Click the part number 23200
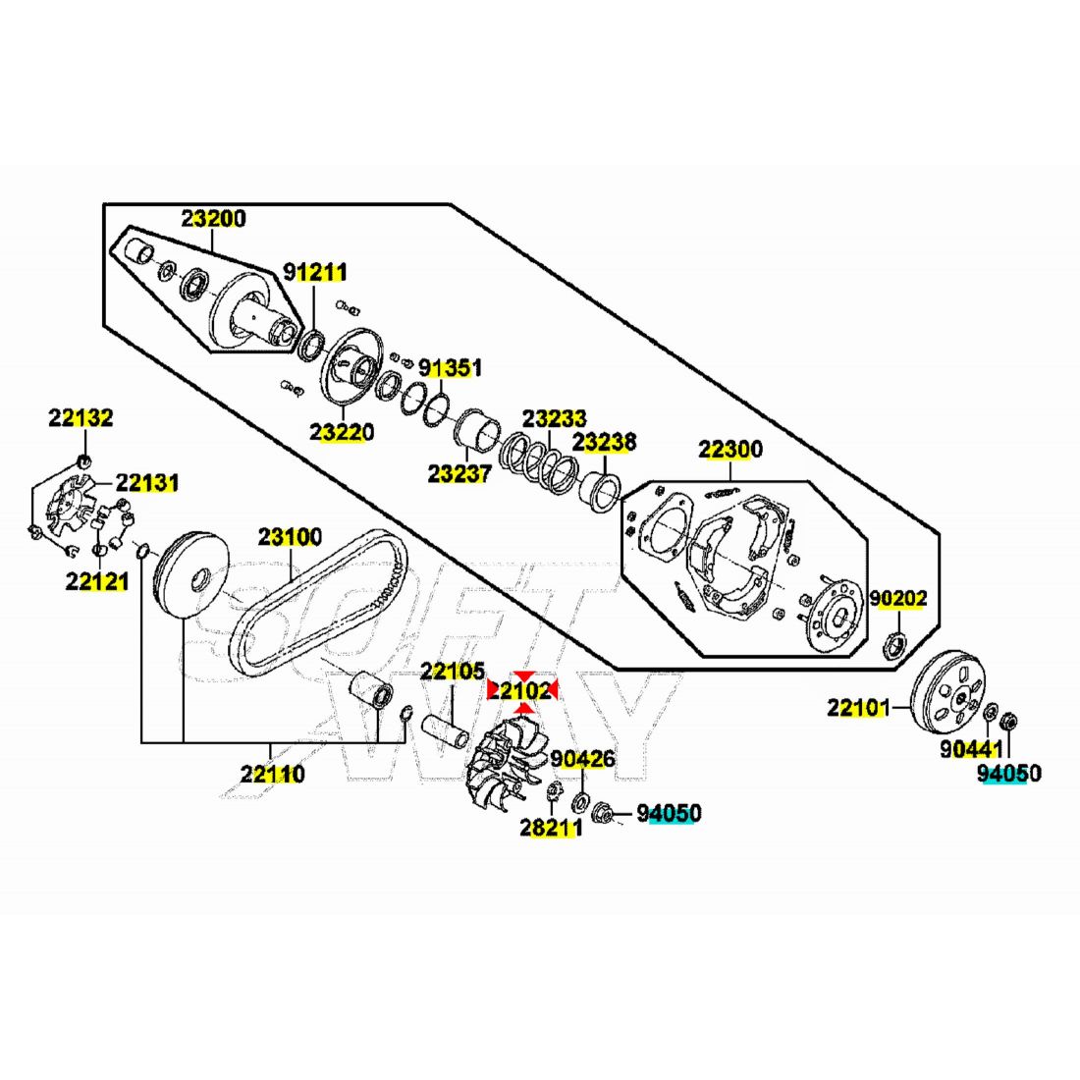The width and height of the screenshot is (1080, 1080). (213, 219)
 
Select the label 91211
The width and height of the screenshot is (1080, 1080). (315, 272)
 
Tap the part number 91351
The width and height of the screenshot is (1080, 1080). (451, 368)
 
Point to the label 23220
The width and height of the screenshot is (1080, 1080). (342, 432)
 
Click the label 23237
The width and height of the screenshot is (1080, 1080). (459, 474)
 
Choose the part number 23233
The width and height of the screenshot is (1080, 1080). (554, 418)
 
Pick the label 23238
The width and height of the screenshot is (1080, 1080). (604, 442)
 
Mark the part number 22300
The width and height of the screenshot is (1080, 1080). (730, 451)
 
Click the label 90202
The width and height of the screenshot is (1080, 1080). (898, 598)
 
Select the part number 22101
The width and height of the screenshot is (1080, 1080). (858, 707)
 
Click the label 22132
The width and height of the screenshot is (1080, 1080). (81, 418)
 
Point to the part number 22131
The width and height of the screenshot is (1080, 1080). (147, 483)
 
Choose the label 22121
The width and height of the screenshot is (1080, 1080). (97, 581)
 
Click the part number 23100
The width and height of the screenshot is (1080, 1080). (290, 537)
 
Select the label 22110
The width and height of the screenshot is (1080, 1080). (273, 775)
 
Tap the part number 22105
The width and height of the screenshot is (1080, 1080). (453, 673)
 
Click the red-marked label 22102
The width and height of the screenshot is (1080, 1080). (522, 691)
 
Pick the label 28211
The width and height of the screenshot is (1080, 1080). (551, 828)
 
